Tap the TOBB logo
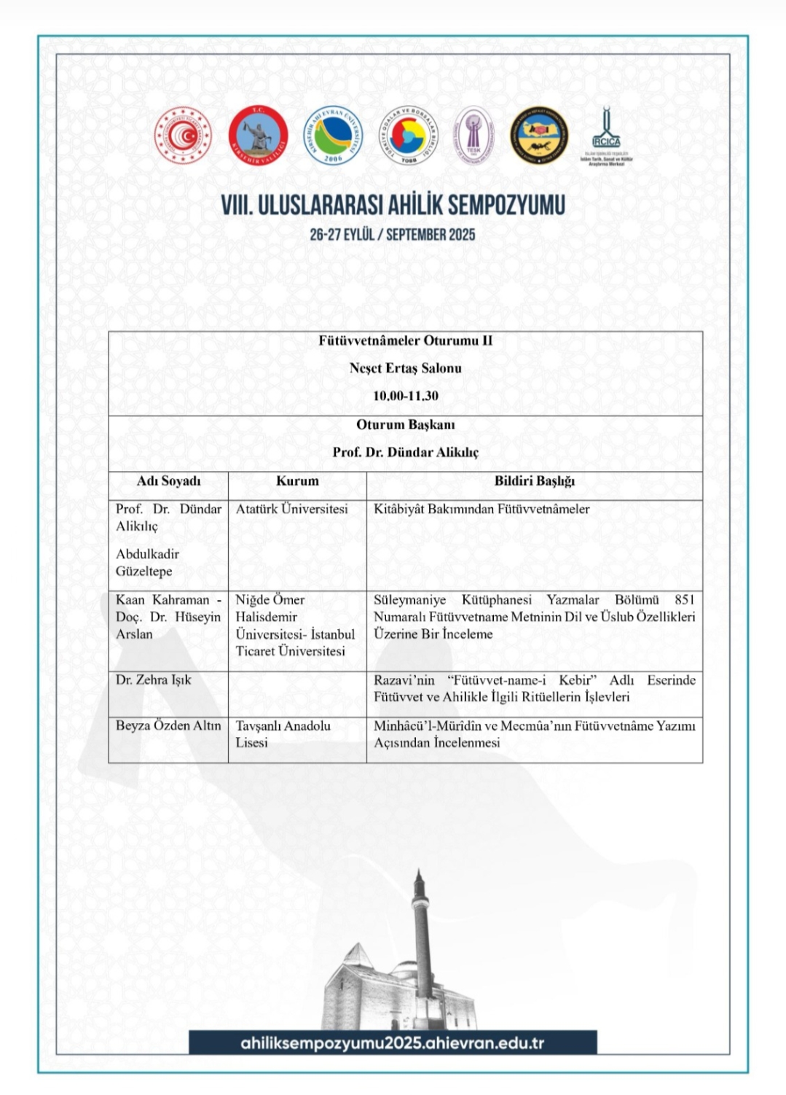tap(408, 136)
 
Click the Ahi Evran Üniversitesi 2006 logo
tap(333, 136)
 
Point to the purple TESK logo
tap(473, 136)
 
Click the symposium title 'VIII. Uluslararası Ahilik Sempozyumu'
tap(393, 206)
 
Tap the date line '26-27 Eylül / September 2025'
tap(393, 235)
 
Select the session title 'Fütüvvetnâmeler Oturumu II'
tap(406, 340)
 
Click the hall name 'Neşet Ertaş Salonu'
tap(406, 368)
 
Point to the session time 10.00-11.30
tap(406, 396)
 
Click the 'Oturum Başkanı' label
tap(406, 424)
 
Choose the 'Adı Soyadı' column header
tap(168, 481)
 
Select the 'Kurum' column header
tap(297, 481)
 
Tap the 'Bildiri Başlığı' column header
tap(534, 481)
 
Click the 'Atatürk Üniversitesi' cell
tap(292, 510)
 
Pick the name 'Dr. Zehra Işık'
tap(154, 680)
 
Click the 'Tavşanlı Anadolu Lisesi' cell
tap(283, 734)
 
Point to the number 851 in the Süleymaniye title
tap(684, 600)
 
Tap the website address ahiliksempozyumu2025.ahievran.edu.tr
tap(393, 1043)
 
